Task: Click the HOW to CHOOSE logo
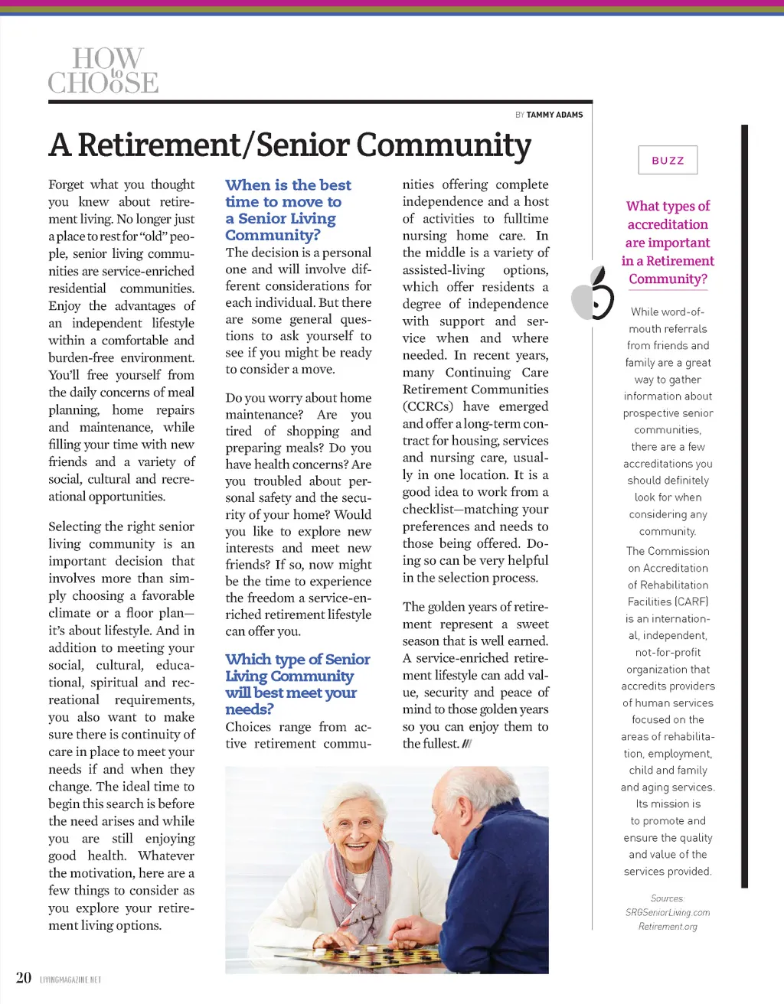(103, 70)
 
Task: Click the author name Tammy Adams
(554, 115)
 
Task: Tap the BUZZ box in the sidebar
(668, 161)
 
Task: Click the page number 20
(24, 977)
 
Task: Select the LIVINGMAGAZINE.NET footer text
(70, 980)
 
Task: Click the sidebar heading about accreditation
(668, 243)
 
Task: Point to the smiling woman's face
(348, 826)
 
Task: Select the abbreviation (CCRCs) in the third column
(428, 407)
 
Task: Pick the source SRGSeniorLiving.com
(668, 912)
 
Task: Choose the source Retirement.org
(668, 927)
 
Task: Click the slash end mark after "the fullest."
(467, 744)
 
